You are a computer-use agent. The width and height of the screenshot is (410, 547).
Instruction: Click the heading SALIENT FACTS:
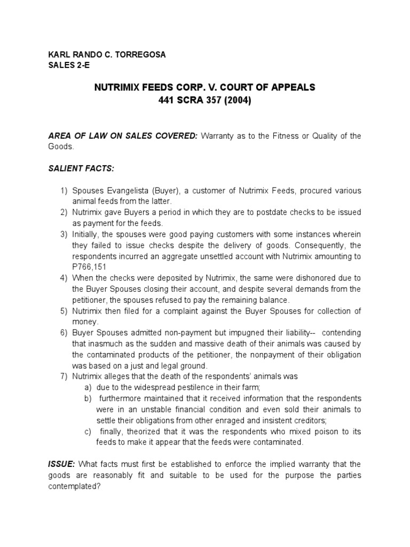[81, 169]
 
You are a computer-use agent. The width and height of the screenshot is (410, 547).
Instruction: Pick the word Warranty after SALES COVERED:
[219, 136]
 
